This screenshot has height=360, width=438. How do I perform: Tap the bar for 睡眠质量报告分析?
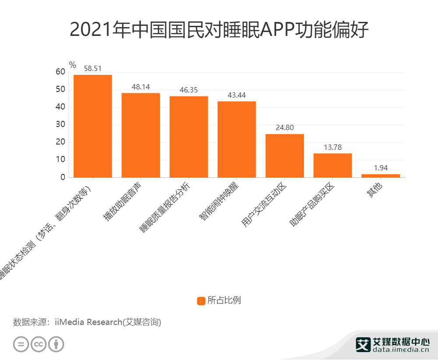pos(189,137)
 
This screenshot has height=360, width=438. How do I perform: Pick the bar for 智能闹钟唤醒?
pos(237,139)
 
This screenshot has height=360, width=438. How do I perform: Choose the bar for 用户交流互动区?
pos(285,155)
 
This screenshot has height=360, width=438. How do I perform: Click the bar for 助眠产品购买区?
pos(332,165)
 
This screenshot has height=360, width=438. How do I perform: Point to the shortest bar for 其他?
pos(381,176)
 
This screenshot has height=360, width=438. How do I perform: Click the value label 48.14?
pos(141,87)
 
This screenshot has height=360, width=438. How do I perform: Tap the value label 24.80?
pos(285,127)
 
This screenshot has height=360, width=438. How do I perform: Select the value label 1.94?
pos(381,168)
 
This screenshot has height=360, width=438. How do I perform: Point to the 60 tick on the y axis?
pos(60,72)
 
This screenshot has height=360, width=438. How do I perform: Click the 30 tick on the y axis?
pos(60,125)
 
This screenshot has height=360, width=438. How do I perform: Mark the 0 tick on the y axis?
pos(63,177)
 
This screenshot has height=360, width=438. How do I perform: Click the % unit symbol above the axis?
pos(72,65)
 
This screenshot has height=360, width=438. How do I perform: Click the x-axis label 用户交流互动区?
pos(264,205)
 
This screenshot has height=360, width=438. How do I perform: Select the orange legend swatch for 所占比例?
pos(201,301)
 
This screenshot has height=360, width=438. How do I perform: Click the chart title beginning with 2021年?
pos(219,30)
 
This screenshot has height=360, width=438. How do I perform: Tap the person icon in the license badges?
pos(56,344)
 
